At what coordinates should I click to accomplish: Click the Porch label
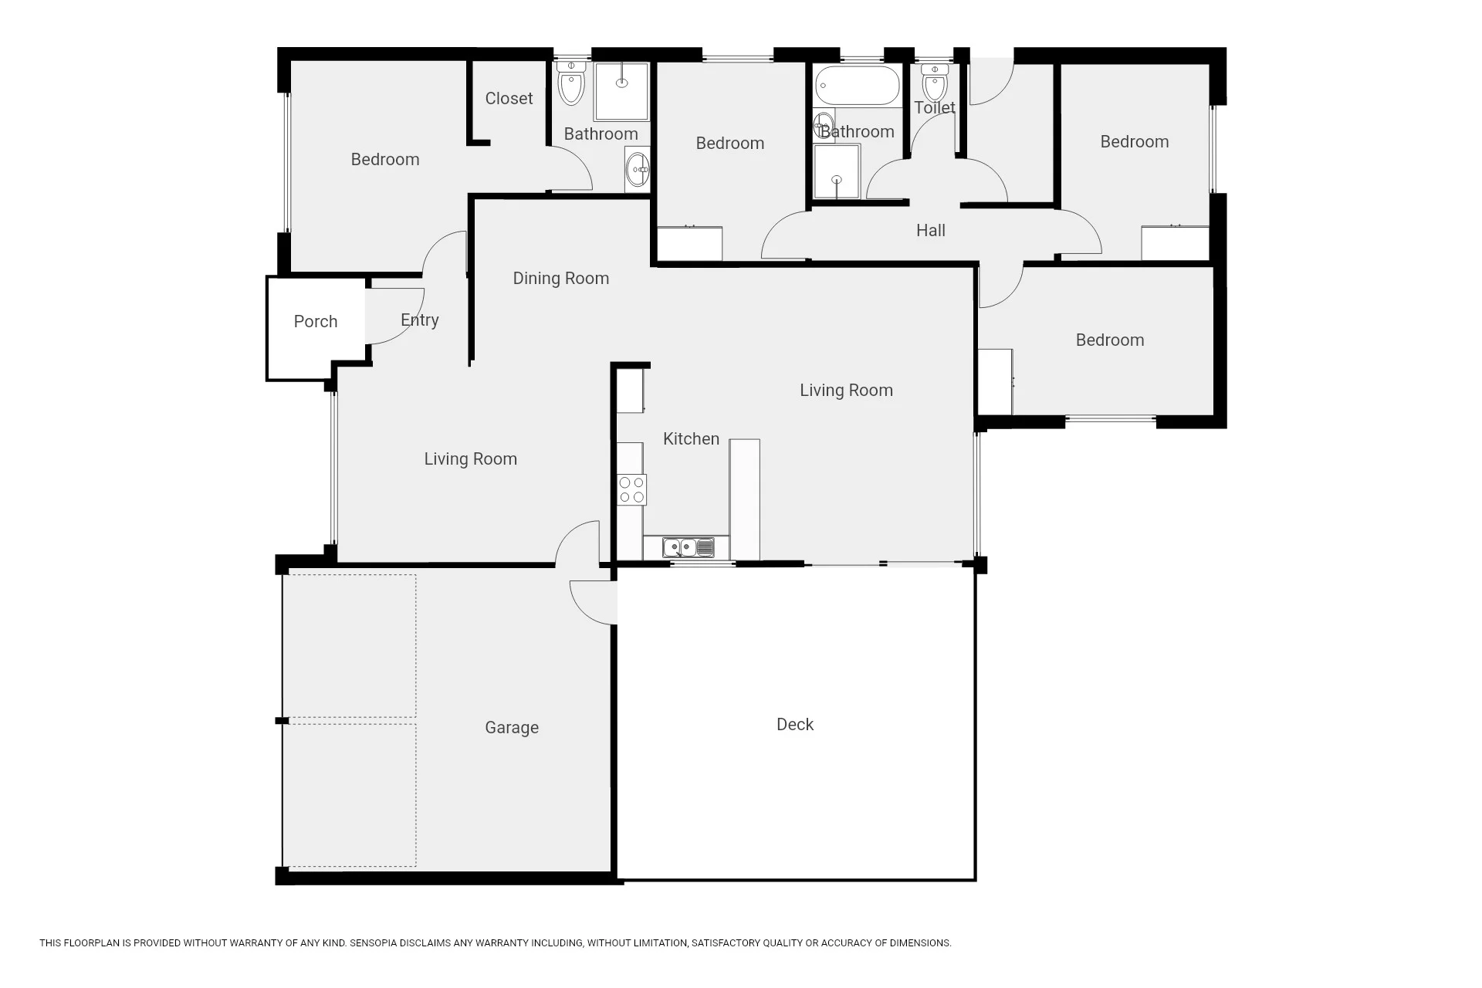(x=316, y=322)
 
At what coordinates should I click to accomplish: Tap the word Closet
(x=509, y=98)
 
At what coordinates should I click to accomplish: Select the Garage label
(x=512, y=728)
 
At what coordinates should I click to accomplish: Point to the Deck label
(x=795, y=724)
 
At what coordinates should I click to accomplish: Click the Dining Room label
(x=561, y=279)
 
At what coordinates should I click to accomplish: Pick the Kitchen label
(x=691, y=438)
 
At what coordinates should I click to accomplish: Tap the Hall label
(x=931, y=230)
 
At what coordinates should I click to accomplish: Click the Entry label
(x=420, y=320)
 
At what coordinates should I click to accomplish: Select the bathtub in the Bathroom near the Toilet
(x=858, y=86)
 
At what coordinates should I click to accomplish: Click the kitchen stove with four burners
(x=631, y=490)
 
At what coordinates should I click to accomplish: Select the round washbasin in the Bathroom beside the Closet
(x=638, y=170)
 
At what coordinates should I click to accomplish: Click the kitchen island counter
(x=745, y=499)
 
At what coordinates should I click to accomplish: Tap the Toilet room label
(x=935, y=108)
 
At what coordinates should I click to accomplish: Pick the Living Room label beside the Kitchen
(x=847, y=391)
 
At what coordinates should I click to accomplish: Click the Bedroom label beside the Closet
(x=385, y=160)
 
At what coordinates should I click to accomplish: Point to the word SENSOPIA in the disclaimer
(x=374, y=943)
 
